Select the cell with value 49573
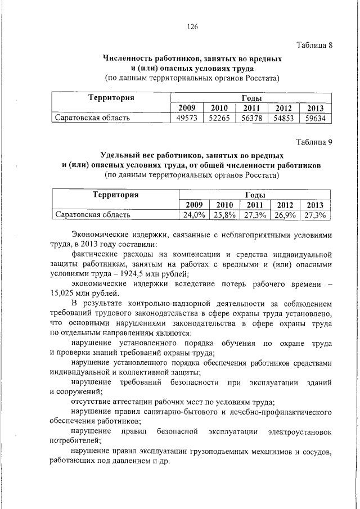pyautogui.click(x=187, y=118)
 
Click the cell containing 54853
pyautogui.click(x=284, y=118)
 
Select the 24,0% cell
pyautogui.click(x=192, y=215)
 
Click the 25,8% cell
pyautogui.click(x=223, y=215)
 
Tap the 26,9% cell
pyautogui.click(x=285, y=215)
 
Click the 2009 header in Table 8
pyautogui.click(x=187, y=108)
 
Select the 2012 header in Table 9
pyautogui.click(x=285, y=205)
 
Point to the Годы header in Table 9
pyautogui.click(x=254, y=195)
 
